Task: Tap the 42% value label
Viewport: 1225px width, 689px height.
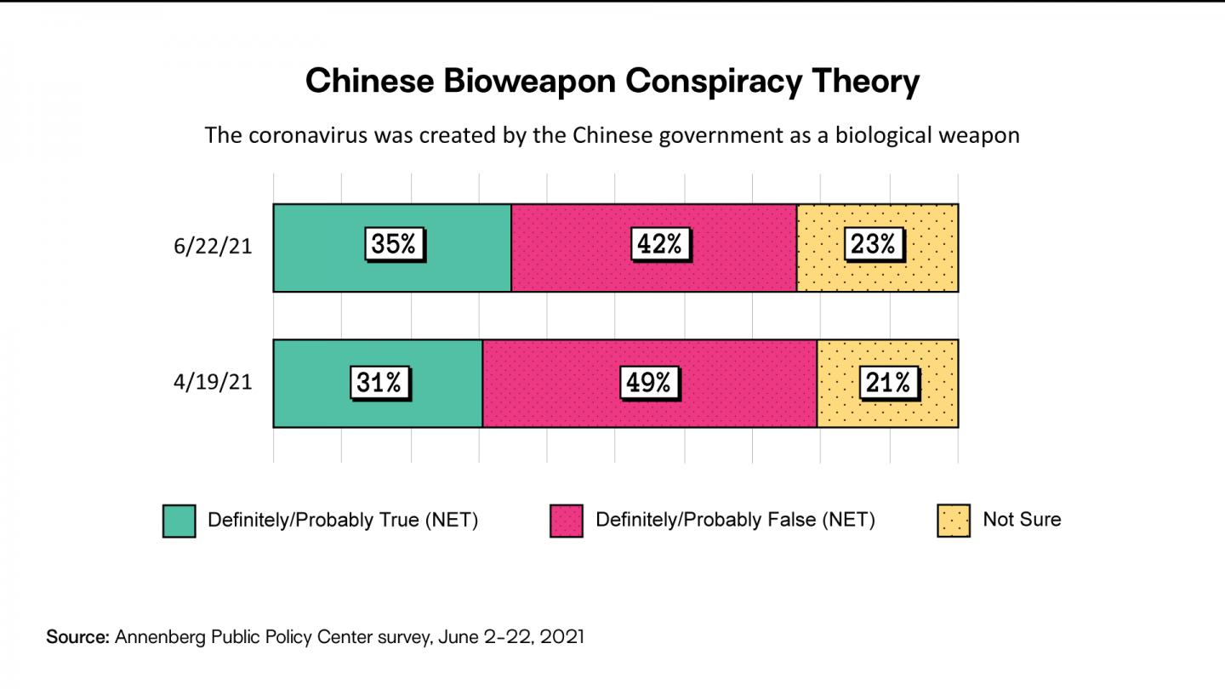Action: (x=660, y=245)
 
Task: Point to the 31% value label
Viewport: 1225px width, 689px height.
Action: (x=379, y=383)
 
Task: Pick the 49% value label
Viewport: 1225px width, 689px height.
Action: (x=649, y=383)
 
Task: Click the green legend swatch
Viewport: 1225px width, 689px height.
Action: (x=179, y=521)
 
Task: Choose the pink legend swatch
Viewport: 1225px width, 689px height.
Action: (x=567, y=521)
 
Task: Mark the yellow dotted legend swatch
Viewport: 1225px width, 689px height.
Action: (x=954, y=521)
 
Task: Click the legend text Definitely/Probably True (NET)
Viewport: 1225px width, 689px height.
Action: (x=343, y=520)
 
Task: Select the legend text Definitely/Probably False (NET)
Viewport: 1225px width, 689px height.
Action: (x=735, y=520)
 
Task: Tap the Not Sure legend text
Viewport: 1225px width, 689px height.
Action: (x=1022, y=520)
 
